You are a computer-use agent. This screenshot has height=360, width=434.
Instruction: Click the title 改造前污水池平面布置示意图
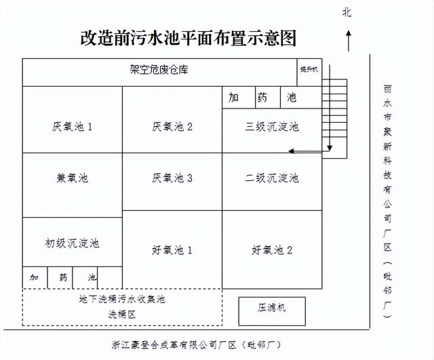pyautogui.click(x=189, y=38)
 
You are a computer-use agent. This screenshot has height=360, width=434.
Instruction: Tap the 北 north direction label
pyautogui.click(x=347, y=12)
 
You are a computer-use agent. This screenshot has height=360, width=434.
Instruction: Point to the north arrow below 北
pyautogui.click(x=349, y=41)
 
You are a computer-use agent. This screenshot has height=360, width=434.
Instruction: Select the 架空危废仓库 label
pyautogui.click(x=159, y=69)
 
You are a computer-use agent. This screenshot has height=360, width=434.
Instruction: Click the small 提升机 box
pyautogui.click(x=309, y=73)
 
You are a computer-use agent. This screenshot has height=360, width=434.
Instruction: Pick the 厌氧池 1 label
pyautogui.click(x=72, y=127)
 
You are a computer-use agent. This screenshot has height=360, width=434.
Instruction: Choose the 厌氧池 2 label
pyautogui.click(x=172, y=127)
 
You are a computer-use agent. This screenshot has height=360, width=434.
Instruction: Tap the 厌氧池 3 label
pyautogui.click(x=172, y=178)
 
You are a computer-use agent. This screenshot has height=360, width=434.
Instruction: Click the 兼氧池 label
pyautogui.click(x=73, y=178)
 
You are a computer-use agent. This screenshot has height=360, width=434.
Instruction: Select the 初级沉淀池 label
pyautogui.click(x=72, y=243)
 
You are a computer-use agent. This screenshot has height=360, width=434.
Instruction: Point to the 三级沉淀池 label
pyautogui.click(x=272, y=127)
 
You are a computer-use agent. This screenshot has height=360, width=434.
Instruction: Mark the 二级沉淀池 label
pyautogui.click(x=272, y=178)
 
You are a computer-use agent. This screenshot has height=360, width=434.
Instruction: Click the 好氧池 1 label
pyautogui.click(x=172, y=250)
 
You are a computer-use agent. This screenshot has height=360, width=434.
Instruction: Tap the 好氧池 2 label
pyautogui.click(x=272, y=250)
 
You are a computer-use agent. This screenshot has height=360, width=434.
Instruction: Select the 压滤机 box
pyautogui.click(x=272, y=311)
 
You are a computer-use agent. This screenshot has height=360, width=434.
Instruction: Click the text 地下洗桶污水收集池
pyautogui.click(x=122, y=299)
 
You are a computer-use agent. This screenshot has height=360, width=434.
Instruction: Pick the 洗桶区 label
pyautogui.click(x=122, y=315)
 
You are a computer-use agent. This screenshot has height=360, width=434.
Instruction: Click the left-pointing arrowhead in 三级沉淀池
pyautogui.click(x=291, y=151)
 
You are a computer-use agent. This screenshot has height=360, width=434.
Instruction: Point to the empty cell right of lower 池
pyautogui.click(x=110, y=278)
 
